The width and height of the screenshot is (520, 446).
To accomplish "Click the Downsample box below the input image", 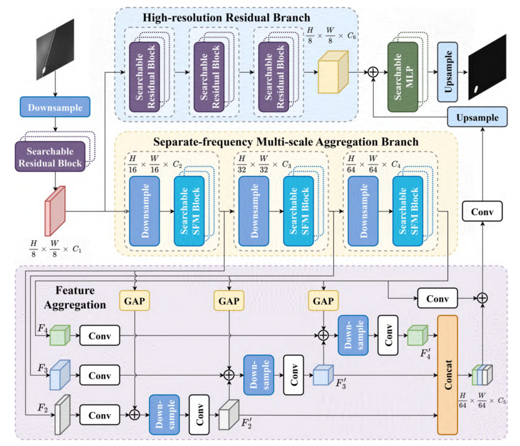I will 55,107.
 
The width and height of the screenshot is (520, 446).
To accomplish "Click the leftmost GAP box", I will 134,301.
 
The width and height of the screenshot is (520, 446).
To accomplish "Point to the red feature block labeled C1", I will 55,210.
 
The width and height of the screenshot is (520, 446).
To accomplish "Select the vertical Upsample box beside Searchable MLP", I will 447,72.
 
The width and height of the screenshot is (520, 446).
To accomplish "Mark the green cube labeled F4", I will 60,335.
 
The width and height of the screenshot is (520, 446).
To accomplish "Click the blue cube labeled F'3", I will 322,375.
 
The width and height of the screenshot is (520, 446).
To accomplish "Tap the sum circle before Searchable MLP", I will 373,73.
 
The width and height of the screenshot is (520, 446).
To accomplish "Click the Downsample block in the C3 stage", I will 254,211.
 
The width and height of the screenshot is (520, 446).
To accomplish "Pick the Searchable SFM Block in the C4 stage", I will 408,211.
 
